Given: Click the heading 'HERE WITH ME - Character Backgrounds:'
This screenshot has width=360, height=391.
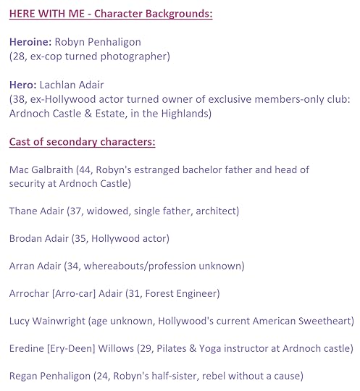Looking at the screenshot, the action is pos(111,14).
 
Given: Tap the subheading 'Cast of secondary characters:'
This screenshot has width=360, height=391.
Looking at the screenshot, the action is pos(82,141).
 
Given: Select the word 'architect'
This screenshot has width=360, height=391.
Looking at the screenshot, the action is pos(214,211).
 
